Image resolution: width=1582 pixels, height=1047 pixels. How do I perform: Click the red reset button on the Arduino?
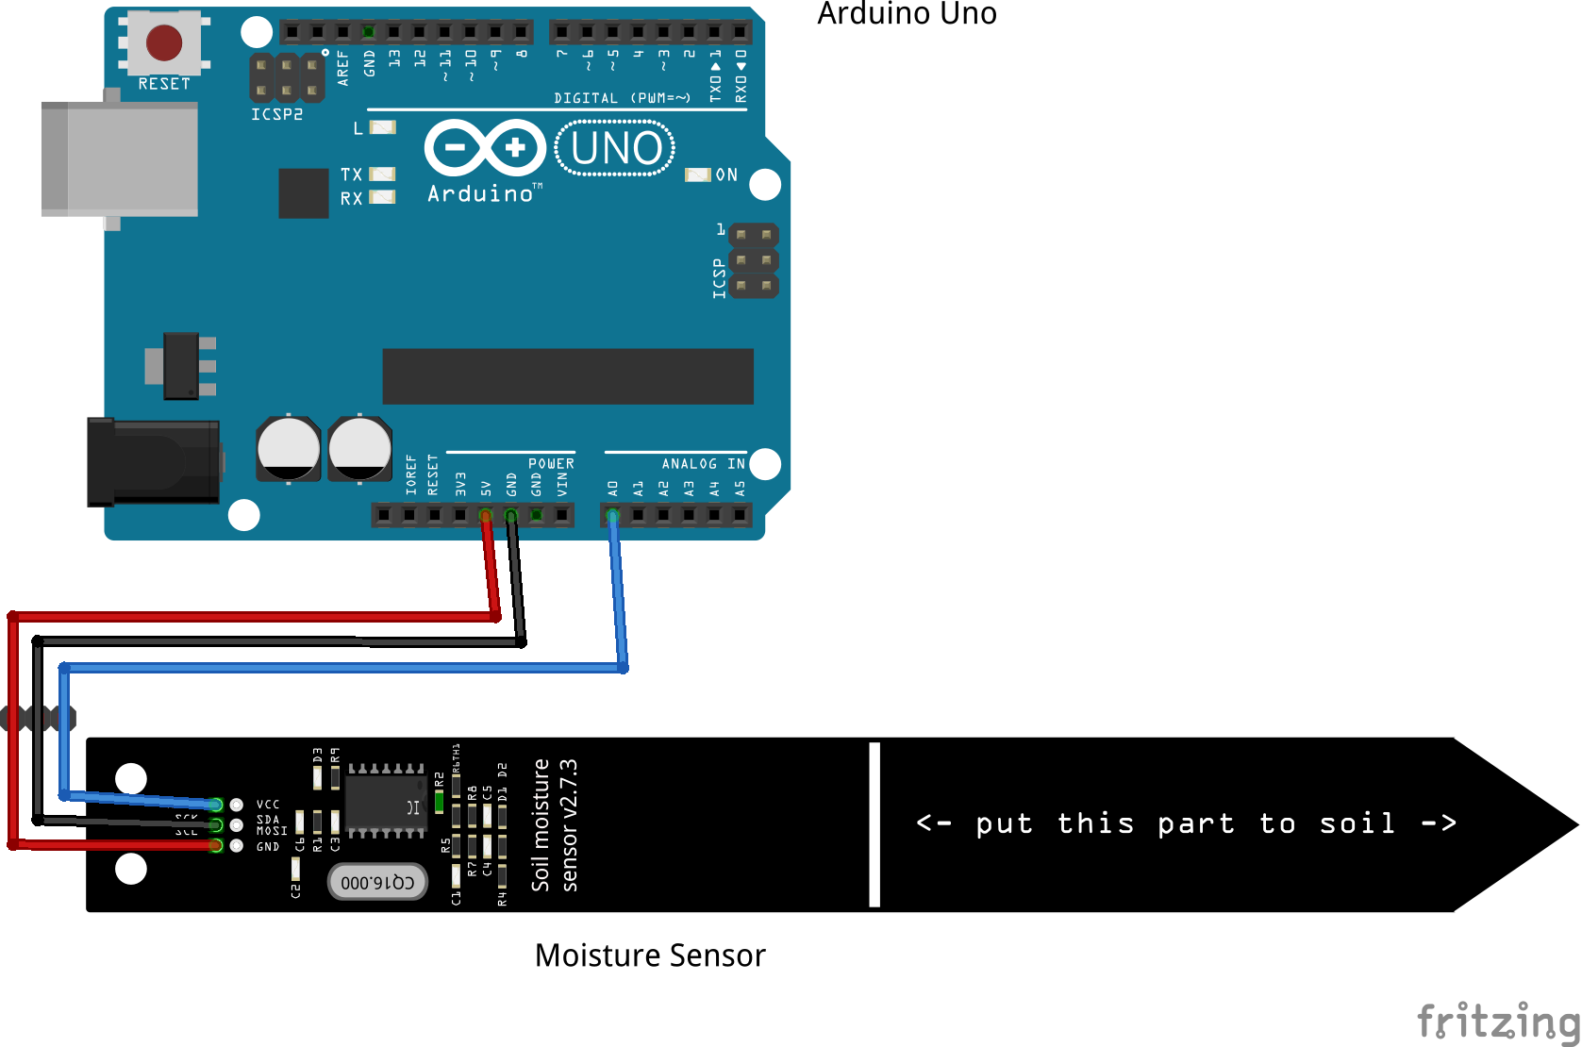[164, 42]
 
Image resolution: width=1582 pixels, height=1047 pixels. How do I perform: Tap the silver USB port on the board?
[121, 159]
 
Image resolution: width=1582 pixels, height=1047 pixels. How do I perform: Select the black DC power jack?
[153, 462]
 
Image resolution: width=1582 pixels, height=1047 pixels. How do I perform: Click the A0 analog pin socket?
[613, 515]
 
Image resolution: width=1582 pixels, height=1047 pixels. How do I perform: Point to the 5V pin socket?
[486, 515]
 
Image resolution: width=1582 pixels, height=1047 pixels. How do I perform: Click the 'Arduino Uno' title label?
[907, 14]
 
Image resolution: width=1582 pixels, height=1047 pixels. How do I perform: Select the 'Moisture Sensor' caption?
[650, 956]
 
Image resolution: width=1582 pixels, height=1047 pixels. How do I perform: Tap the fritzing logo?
[1498, 1021]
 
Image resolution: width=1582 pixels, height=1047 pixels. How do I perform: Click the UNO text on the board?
[616, 149]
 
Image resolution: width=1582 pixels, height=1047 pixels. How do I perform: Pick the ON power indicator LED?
[697, 174]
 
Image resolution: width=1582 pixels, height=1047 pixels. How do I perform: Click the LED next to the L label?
[382, 127]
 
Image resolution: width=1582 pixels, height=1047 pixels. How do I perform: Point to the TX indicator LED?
[382, 174]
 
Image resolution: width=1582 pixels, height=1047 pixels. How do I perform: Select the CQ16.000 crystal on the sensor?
[377, 882]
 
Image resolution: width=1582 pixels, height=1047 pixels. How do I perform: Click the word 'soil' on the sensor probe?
[1357, 823]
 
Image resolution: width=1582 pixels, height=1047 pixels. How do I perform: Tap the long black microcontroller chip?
[567, 375]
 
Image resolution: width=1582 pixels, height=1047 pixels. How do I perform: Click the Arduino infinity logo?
[485, 148]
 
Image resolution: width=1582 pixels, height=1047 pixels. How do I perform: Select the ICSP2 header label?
[276, 114]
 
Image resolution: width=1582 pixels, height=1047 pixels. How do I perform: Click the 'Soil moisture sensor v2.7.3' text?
[555, 824]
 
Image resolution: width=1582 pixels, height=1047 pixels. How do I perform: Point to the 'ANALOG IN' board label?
[703, 463]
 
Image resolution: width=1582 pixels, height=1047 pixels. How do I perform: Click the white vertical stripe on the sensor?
[874, 824]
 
